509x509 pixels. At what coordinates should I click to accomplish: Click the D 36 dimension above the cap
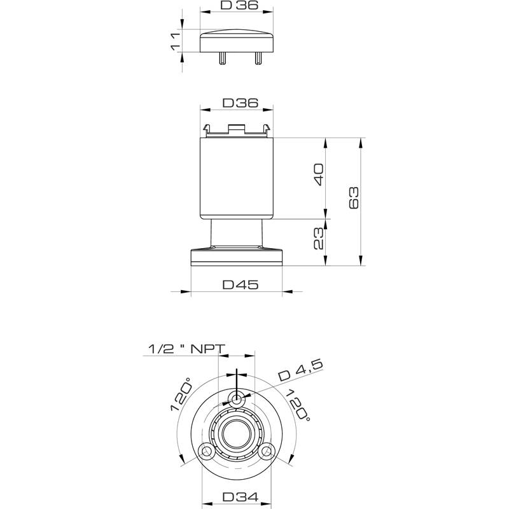(x=239, y=5)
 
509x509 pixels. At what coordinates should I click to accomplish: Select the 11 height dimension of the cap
(x=176, y=41)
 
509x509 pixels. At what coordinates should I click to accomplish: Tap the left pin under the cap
(x=222, y=58)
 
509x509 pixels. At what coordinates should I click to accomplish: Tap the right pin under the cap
(x=258, y=58)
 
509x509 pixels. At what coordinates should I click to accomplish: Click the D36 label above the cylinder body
(x=241, y=102)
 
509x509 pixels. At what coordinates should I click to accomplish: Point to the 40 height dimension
(x=319, y=174)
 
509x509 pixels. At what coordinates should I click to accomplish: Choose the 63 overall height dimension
(x=354, y=197)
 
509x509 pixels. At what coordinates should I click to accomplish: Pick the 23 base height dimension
(x=319, y=238)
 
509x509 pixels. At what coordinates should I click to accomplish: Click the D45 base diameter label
(x=241, y=284)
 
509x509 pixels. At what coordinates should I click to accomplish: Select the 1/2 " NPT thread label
(x=186, y=349)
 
